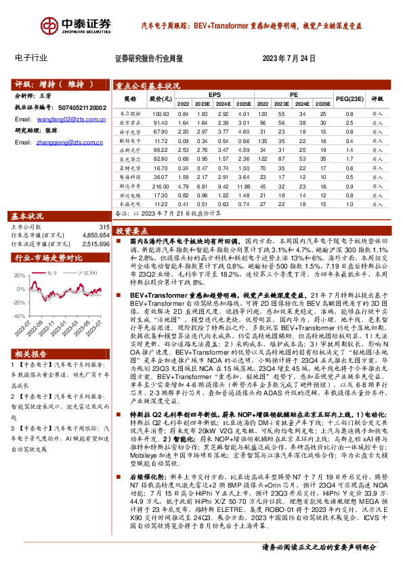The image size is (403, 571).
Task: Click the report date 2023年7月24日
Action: pyautogui.click(x=289, y=58)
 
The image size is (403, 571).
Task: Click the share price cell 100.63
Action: pyautogui.click(x=161, y=114)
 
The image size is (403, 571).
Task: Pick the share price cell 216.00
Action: pyautogui.click(x=161, y=184)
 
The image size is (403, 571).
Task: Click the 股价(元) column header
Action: pyautogui.click(x=161, y=98)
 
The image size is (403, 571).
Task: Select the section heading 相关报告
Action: pyautogui.click(x=31, y=373)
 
